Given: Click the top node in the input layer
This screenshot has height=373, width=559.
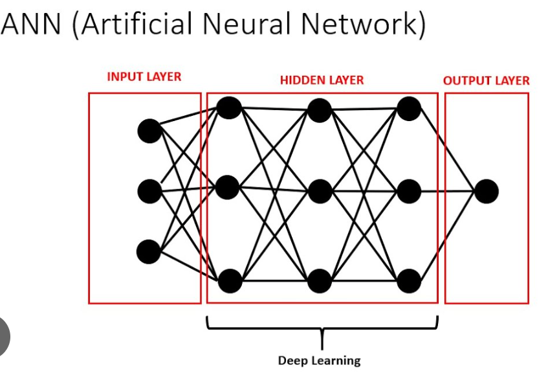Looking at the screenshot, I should click(149, 131).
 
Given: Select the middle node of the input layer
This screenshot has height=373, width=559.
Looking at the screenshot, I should click(149, 192).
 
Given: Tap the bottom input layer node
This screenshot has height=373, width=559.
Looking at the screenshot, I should click(149, 251).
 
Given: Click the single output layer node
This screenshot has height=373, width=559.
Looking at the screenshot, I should click(486, 192).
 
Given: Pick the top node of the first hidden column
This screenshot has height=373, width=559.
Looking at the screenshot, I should click(229, 107).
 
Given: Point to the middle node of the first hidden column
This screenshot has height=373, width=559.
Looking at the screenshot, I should click(228, 187).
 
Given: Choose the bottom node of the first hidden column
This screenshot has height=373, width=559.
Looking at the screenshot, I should click(230, 281).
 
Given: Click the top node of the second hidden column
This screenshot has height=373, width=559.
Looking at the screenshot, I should click(320, 110).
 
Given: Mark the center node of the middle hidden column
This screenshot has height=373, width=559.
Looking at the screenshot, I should click(320, 192).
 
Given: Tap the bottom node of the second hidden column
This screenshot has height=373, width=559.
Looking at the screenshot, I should click(320, 281).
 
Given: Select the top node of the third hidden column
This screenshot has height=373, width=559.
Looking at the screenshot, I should click(409, 108).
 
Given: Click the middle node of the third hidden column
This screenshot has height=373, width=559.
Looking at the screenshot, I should click(409, 192).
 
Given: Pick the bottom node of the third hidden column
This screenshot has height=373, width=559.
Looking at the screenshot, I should click(409, 281).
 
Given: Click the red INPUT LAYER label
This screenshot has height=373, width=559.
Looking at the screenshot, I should click(144, 76).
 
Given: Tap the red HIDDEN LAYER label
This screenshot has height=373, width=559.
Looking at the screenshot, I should click(322, 80).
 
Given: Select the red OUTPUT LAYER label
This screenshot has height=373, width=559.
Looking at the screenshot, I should click(486, 81).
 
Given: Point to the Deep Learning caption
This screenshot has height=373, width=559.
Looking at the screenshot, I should click(319, 361).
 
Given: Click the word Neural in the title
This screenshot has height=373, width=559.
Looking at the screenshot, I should click(245, 24).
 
